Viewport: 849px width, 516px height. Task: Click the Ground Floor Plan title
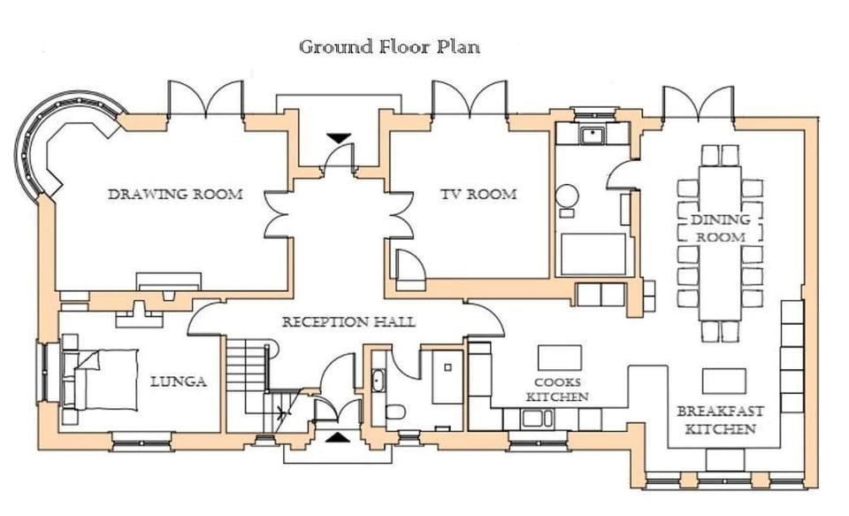coord(389,47)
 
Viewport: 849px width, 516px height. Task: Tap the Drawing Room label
coord(175,194)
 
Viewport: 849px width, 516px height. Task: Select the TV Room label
coord(478,194)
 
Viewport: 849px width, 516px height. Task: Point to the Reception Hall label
coord(348,322)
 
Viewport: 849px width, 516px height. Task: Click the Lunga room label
coord(179,381)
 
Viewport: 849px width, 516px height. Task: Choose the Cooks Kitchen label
coord(557,389)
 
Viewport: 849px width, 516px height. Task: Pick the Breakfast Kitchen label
coord(720,420)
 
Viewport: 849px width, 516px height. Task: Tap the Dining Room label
coord(721,228)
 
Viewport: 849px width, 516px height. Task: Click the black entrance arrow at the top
coord(340,138)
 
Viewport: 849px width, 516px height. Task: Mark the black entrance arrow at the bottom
coord(337,437)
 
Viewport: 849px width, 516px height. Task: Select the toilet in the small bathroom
coord(396,412)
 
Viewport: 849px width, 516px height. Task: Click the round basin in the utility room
coord(567,196)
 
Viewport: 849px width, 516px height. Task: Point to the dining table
coord(721,243)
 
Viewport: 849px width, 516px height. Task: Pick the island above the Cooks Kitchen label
coord(559,358)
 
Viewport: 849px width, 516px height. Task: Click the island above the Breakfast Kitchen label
coord(724,381)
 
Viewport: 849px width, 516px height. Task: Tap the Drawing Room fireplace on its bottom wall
coord(168,281)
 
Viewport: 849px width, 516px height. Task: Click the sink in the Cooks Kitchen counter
coord(537,419)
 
